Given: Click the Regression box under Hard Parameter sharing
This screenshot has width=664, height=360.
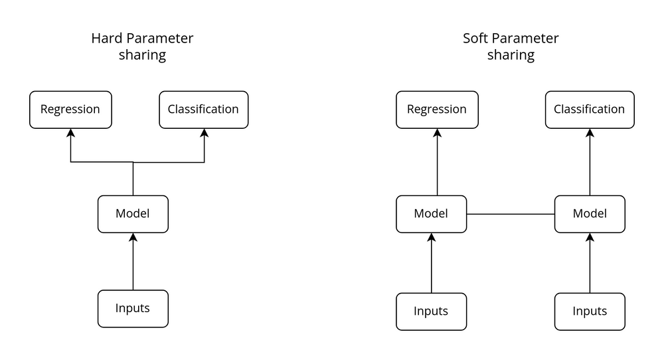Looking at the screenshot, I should (70, 110).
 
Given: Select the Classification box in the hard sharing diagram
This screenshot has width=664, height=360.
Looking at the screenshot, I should (203, 110).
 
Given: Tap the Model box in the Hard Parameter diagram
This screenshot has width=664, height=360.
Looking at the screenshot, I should (133, 214).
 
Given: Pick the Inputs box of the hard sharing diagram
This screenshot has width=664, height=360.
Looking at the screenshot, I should (133, 308).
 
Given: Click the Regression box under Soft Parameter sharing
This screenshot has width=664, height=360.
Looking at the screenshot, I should (436, 110).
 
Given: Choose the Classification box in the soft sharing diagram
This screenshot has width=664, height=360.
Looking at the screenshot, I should (589, 110).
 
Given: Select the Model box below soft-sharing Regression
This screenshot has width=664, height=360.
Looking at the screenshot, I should (431, 214).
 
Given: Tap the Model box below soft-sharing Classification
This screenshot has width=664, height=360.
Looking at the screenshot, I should (589, 214).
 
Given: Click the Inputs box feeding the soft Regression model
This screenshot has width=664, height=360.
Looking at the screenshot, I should (431, 311).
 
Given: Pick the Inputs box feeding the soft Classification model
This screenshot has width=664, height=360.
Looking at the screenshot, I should (589, 311).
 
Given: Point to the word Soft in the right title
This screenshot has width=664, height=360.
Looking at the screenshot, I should (476, 39).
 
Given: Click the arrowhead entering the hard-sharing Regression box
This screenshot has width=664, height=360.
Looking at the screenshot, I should (70, 133).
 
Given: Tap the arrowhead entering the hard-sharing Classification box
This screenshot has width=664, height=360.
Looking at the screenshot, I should (204, 133).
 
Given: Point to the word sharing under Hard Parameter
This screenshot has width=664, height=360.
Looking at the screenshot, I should (142, 55).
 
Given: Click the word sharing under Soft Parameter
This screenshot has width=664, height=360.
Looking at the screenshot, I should (511, 55).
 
